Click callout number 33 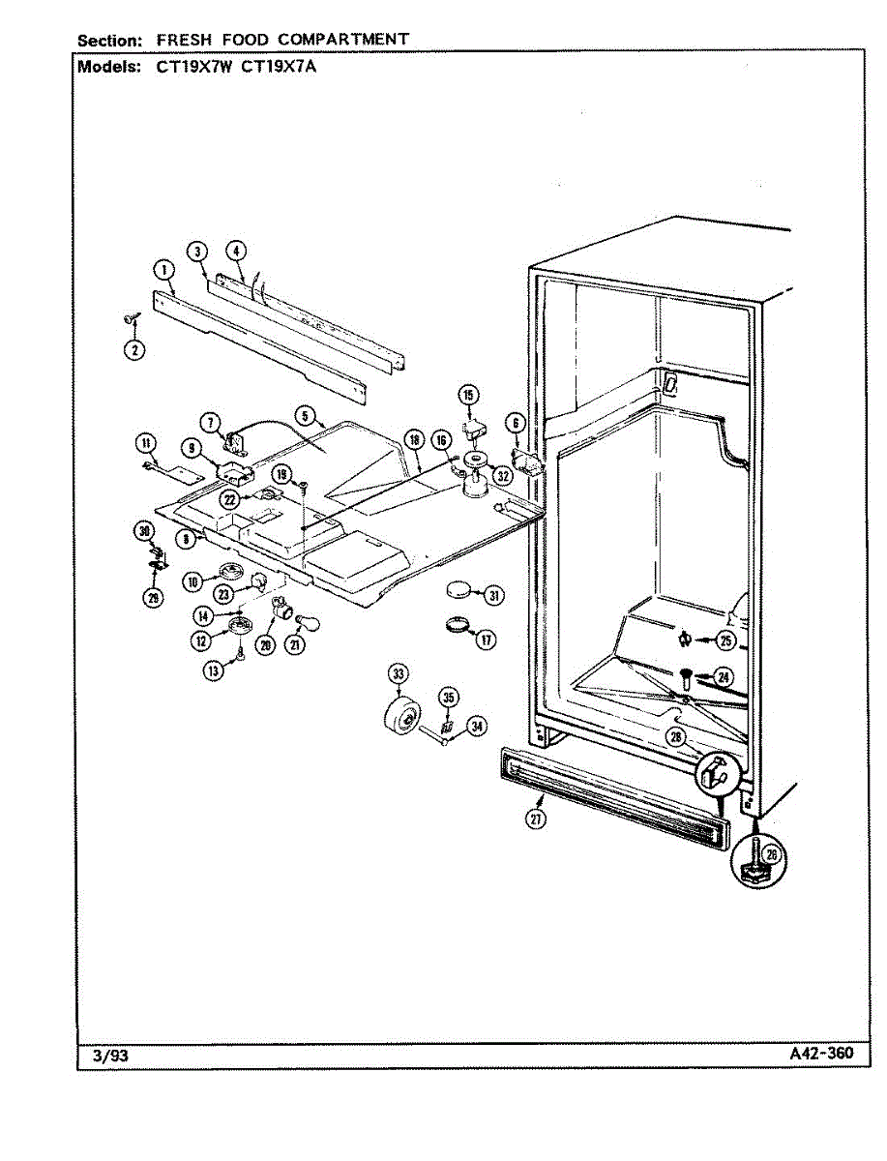point(397,673)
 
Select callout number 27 point(535,819)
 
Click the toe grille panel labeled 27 point(609,789)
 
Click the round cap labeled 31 point(459,589)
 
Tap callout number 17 point(485,640)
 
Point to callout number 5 point(306,418)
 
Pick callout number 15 point(468,395)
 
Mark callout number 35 point(447,697)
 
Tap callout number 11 point(146,444)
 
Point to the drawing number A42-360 point(821,1054)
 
